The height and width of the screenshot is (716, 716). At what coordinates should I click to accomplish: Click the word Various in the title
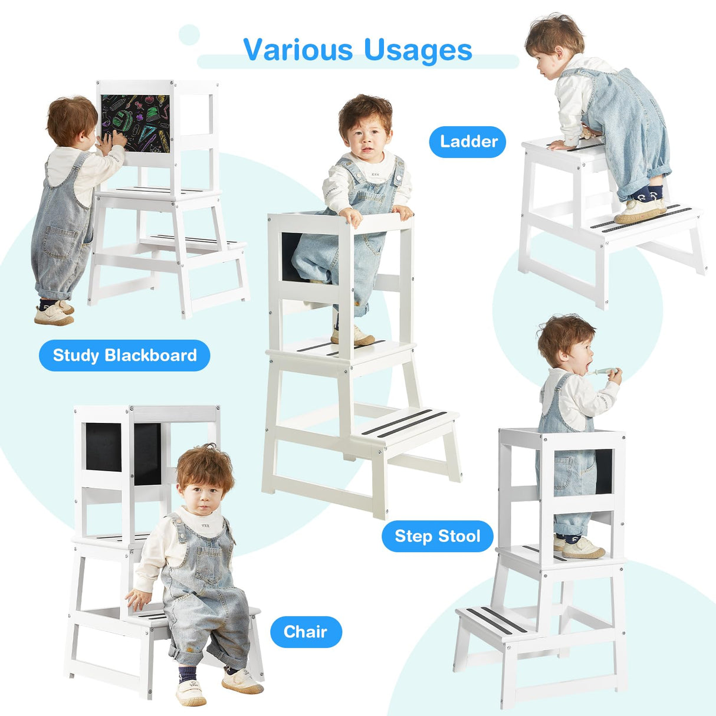297,50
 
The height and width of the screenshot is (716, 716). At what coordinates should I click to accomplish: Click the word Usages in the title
418,50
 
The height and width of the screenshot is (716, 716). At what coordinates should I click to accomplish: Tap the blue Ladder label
468,142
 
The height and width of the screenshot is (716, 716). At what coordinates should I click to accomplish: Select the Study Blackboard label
124,355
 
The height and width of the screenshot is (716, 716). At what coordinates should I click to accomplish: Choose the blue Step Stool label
437,536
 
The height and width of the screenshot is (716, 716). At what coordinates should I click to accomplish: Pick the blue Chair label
306,632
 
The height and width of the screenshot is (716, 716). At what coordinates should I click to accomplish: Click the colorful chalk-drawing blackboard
134,123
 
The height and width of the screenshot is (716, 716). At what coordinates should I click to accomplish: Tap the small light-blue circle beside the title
189,35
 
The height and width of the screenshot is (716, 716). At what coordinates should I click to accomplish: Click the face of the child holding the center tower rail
365,139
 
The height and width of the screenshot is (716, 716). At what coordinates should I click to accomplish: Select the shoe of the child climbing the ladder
640,209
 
